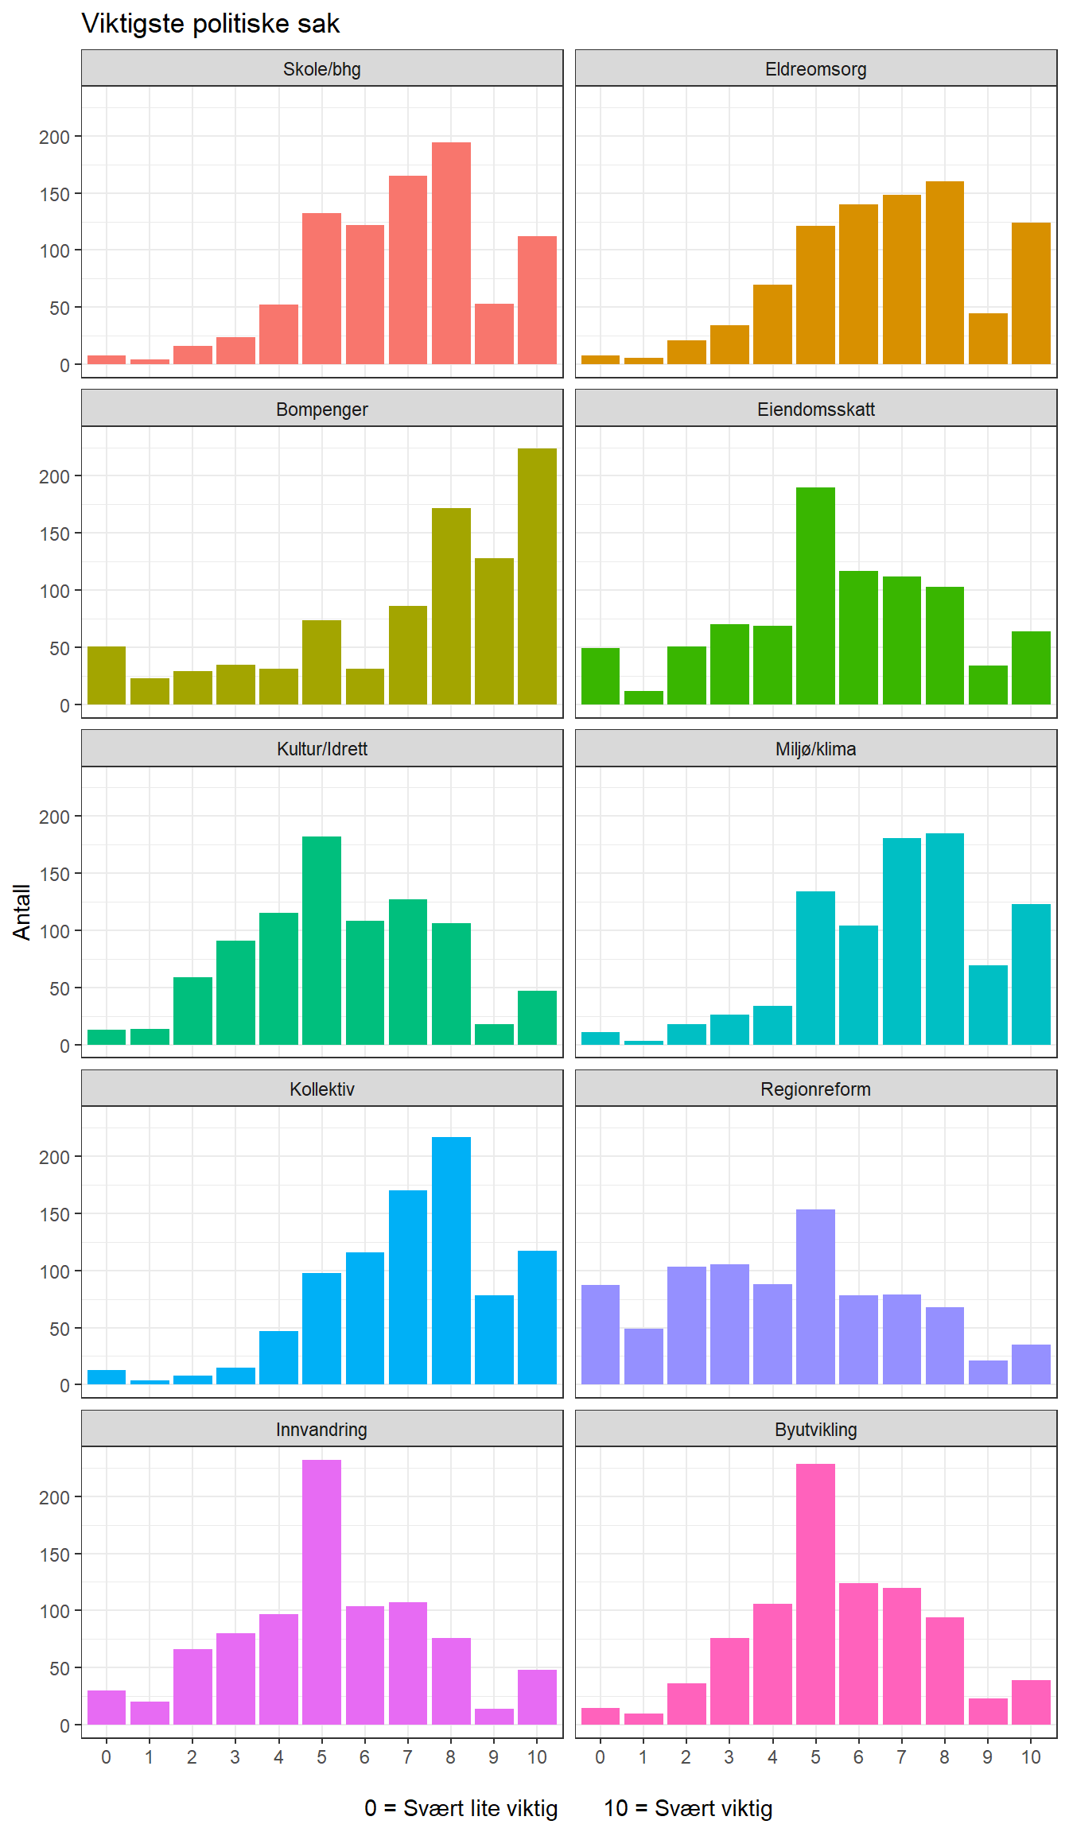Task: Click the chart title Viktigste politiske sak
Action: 211,24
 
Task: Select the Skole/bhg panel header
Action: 321,69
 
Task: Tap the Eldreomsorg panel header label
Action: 815,69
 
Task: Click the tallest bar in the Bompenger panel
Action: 537,576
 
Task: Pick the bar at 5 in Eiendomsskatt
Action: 815,596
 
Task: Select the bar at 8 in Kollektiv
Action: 451,1260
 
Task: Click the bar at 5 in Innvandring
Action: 321,1592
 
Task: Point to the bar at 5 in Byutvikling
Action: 815,1594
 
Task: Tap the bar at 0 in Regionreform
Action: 600,1334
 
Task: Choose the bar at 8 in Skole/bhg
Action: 451,253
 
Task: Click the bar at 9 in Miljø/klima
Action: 988,1004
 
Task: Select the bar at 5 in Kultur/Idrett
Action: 321,941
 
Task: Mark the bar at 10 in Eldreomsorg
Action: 1031,293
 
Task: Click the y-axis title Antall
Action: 21,912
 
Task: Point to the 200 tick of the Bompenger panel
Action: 54,476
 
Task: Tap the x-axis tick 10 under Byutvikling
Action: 1031,1757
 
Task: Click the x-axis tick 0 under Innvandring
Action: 106,1757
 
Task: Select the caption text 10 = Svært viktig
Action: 688,1808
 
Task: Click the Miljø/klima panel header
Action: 815,749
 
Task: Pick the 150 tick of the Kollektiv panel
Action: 54,1214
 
